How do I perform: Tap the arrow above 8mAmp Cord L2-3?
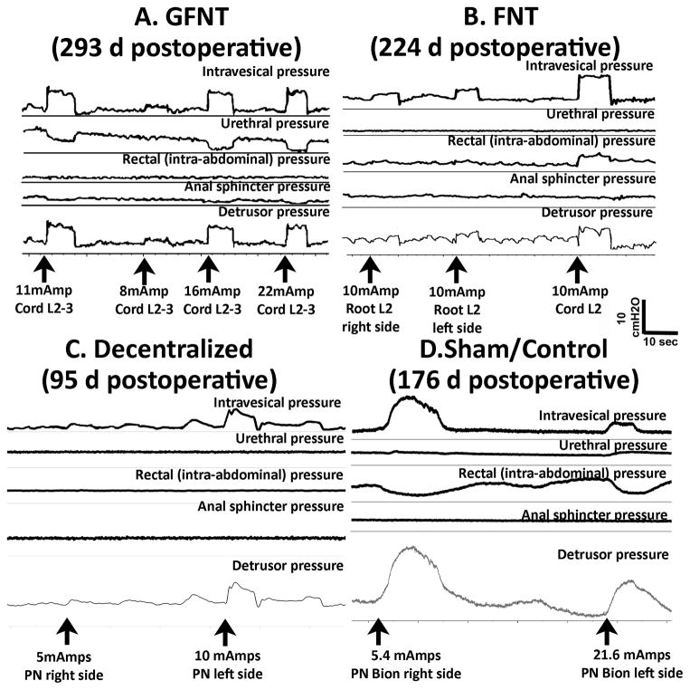coord(141,269)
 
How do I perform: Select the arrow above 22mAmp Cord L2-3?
coord(286,269)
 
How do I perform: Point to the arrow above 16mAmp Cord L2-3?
coord(209,269)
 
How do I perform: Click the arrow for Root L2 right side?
coord(369,269)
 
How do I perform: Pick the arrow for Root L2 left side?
coord(458,269)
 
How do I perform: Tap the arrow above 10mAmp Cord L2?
coord(573,269)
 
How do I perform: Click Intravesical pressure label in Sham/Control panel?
coord(605,416)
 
